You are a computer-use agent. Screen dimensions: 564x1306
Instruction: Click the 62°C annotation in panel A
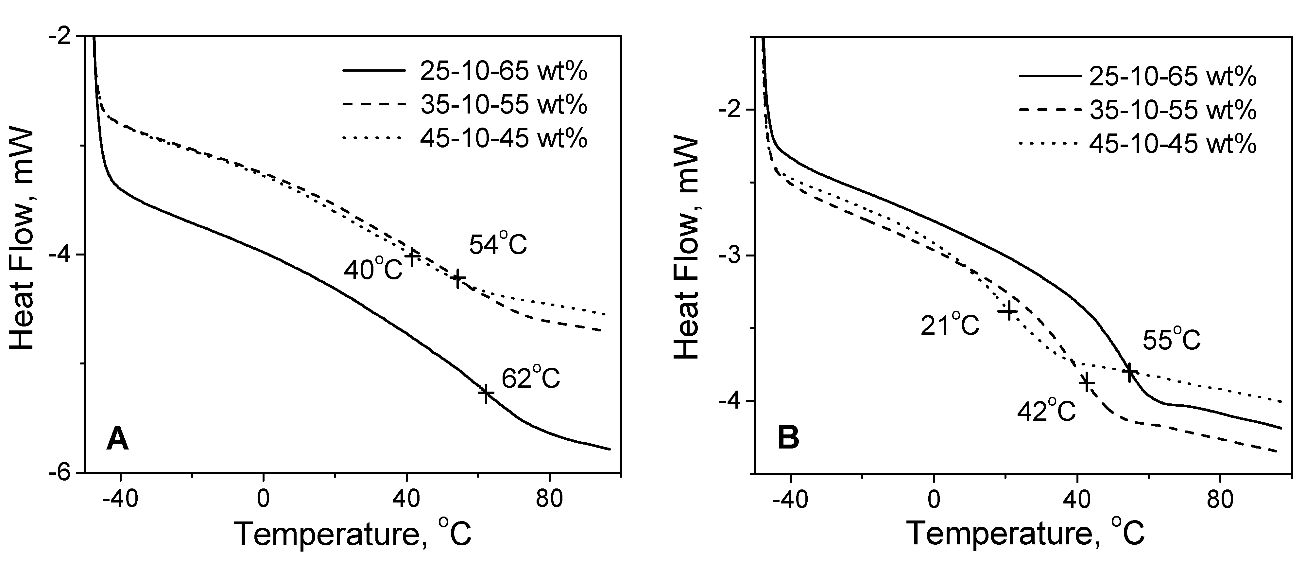[531, 379]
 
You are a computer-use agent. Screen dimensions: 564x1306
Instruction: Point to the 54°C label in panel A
[498, 245]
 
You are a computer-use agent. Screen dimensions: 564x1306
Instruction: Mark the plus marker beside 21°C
[1007, 310]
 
